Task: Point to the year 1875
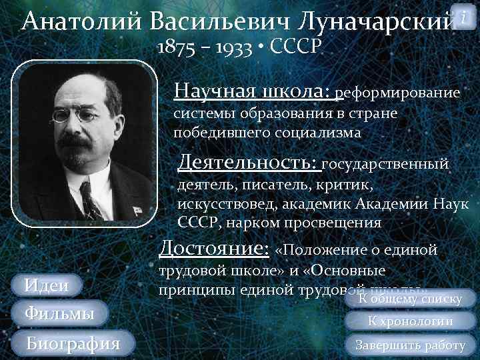pyautogui.click(x=175, y=47)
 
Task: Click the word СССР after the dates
pyautogui.click(x=297, y=47)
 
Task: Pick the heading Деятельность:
pyautogui.click(x=248, y=162)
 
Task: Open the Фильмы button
pyautogui.click(x=59, y=313)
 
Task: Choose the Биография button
pyautogui.click(x=73, y=344)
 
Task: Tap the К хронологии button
pyautogui.click(x=410, y=321)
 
